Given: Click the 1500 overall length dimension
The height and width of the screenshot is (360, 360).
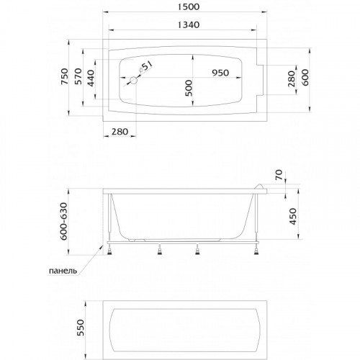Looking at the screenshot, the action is click(189, 6).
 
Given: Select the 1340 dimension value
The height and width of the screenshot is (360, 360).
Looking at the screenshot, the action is click(189, 24).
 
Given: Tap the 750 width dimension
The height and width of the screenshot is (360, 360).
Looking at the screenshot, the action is click(65, 76).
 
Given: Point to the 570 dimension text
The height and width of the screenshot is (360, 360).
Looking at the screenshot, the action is click(78, 76).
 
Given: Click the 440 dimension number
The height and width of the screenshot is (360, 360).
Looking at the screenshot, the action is click(91, 78).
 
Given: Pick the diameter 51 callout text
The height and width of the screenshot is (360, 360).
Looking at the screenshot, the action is click(146, 66).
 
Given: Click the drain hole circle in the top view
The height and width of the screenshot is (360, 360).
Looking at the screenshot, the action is click(133, 81).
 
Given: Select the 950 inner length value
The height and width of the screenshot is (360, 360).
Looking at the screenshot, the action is click(220, 73).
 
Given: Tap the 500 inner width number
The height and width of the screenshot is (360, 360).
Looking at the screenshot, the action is click(189, 88).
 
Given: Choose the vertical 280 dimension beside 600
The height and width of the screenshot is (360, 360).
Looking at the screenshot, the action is click(291, 79).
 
